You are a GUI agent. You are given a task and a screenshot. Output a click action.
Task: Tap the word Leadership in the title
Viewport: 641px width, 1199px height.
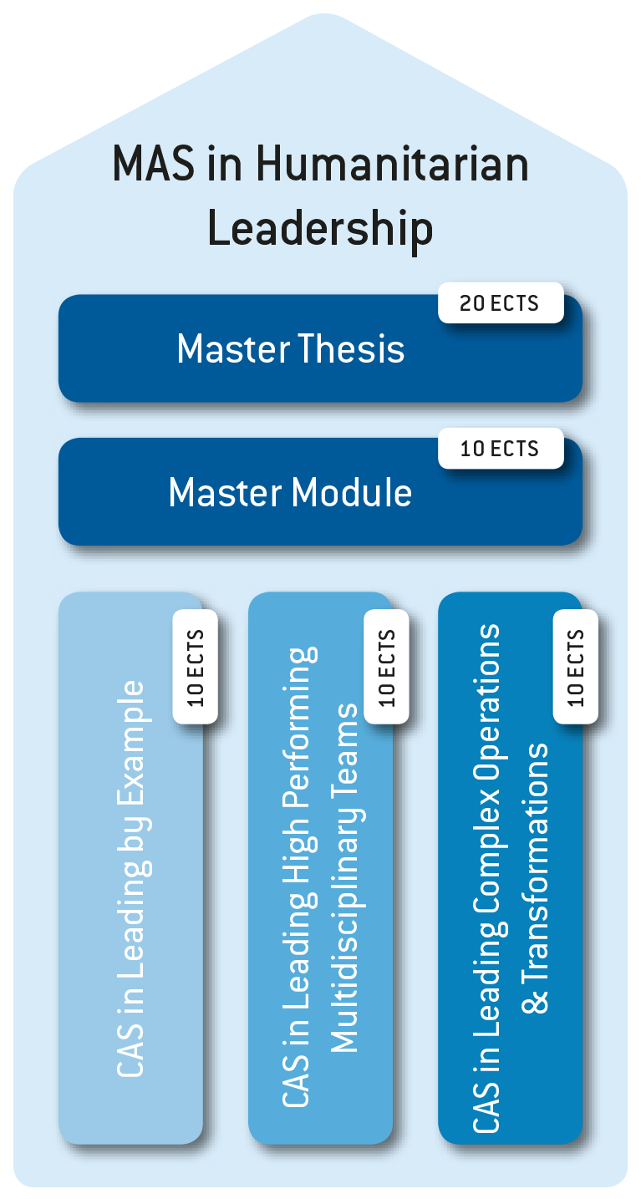[x=320, y=227]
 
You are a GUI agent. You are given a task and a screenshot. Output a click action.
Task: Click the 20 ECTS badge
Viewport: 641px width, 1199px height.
[x=500, y=303]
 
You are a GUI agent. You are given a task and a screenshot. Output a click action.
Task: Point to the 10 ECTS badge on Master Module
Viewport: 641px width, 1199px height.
[x=500, y=449]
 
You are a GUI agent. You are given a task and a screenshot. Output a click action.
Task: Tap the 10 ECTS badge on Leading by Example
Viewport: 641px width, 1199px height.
[x=196, y=666]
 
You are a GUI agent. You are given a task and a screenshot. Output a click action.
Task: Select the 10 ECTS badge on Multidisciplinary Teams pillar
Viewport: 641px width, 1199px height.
[x=386, y=666]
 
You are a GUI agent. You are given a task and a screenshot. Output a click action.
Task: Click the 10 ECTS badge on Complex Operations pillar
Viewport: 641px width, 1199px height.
[x=576, y=666]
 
